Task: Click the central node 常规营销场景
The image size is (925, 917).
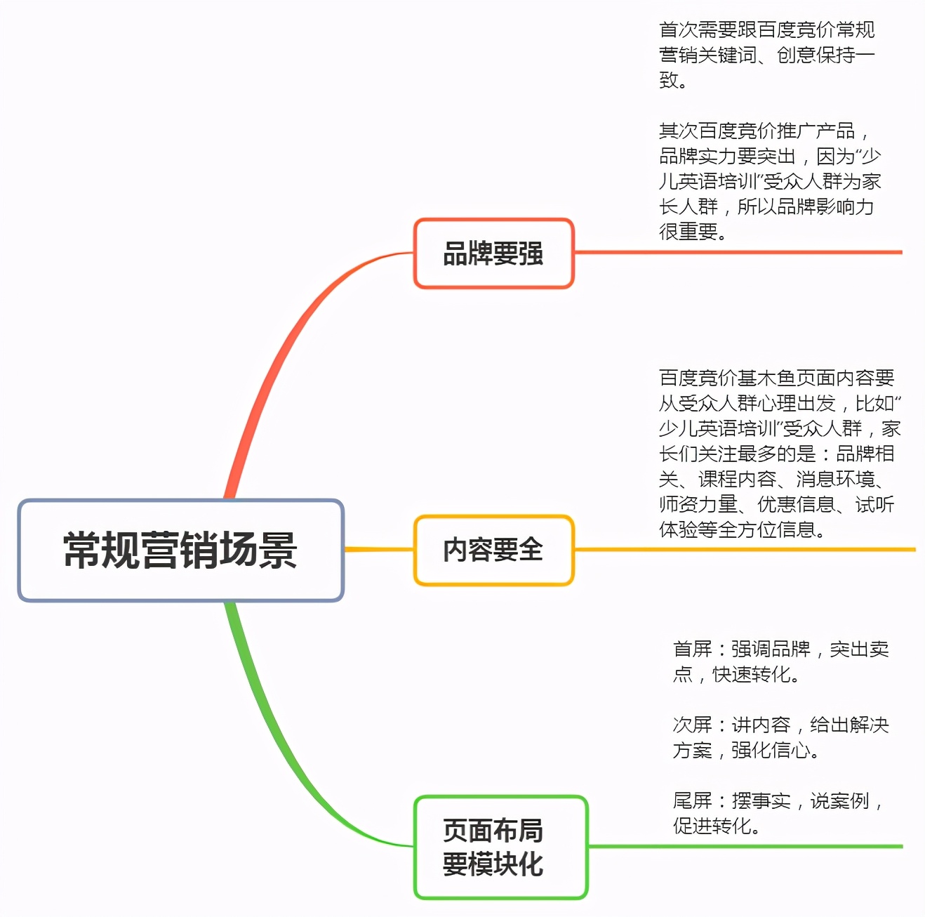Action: pyautogui.click(x=180, y=550)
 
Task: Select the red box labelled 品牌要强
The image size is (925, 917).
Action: pyautogui.click(x=493, y=253)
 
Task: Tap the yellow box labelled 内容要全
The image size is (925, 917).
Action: pyautogui.click(x=493, y=550)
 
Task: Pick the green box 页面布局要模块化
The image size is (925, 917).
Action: pyautogui.click(x=500, y=847)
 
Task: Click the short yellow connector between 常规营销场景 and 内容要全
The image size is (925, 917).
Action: pyautogui.click(x=379, y=549)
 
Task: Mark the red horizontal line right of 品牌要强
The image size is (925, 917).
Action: pyautogui.click(x=737, y=252)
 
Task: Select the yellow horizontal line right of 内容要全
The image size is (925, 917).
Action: pyautogui.click(x=744, y=549)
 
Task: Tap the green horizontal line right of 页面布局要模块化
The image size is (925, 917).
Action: pyautogui.click(x=744, y=846)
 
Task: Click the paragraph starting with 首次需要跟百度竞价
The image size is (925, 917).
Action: pyautogui.click(x=766, y=55)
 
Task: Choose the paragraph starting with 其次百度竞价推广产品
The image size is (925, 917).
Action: pyautogui.click(x=769, y=180)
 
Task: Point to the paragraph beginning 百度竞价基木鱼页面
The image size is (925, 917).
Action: pyautogui.click(x=779, y=454)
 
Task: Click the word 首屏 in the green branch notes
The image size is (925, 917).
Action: pyautogui.click(x=692, y=649)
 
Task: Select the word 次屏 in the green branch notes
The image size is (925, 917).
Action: pyautogui.click(x=692, y=725)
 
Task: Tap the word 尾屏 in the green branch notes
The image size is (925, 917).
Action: pyautogui.click(x=692, y=800)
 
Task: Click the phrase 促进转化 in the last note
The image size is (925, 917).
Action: pyautogui.click(x=712, y=826)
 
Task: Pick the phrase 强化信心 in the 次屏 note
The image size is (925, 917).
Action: pyautogui.click(x=771, y=750)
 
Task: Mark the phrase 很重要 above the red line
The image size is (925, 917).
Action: pyautogui.click(x=688, y=231)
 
